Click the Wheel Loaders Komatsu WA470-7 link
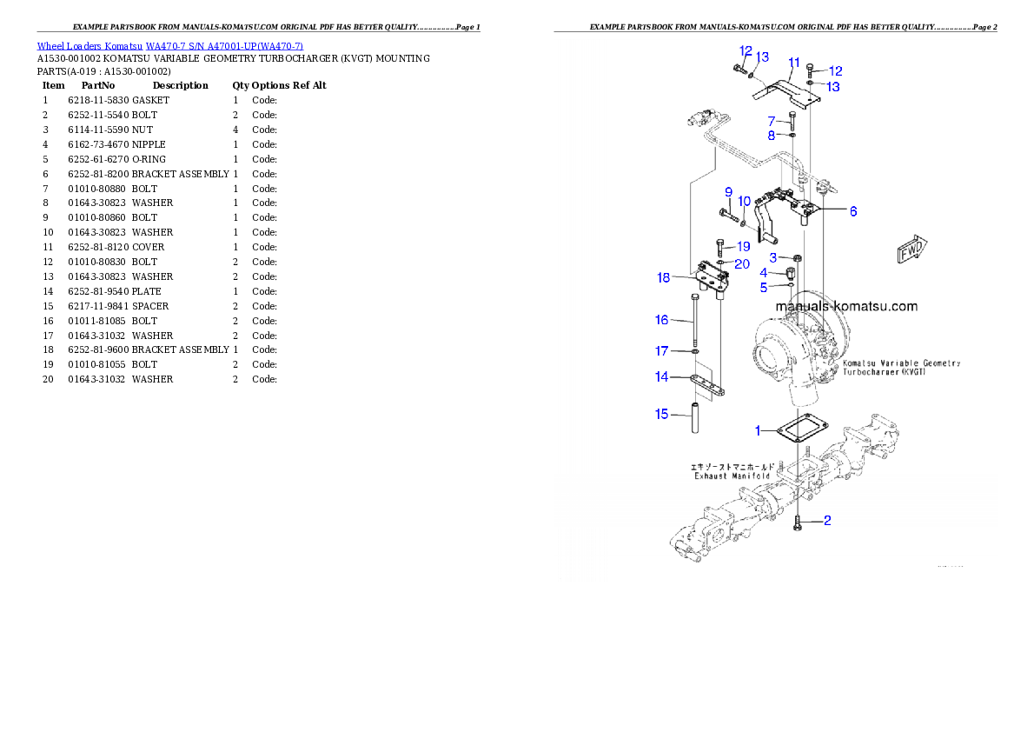169,46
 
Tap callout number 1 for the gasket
758,430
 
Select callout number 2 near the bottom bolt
827,521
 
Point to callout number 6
852,211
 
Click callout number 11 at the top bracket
793,63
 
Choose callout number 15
662,414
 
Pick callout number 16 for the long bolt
662,320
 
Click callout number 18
664,278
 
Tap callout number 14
662,377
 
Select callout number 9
728,191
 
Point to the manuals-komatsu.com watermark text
846,307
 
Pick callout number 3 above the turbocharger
773,257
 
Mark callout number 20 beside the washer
742,264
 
